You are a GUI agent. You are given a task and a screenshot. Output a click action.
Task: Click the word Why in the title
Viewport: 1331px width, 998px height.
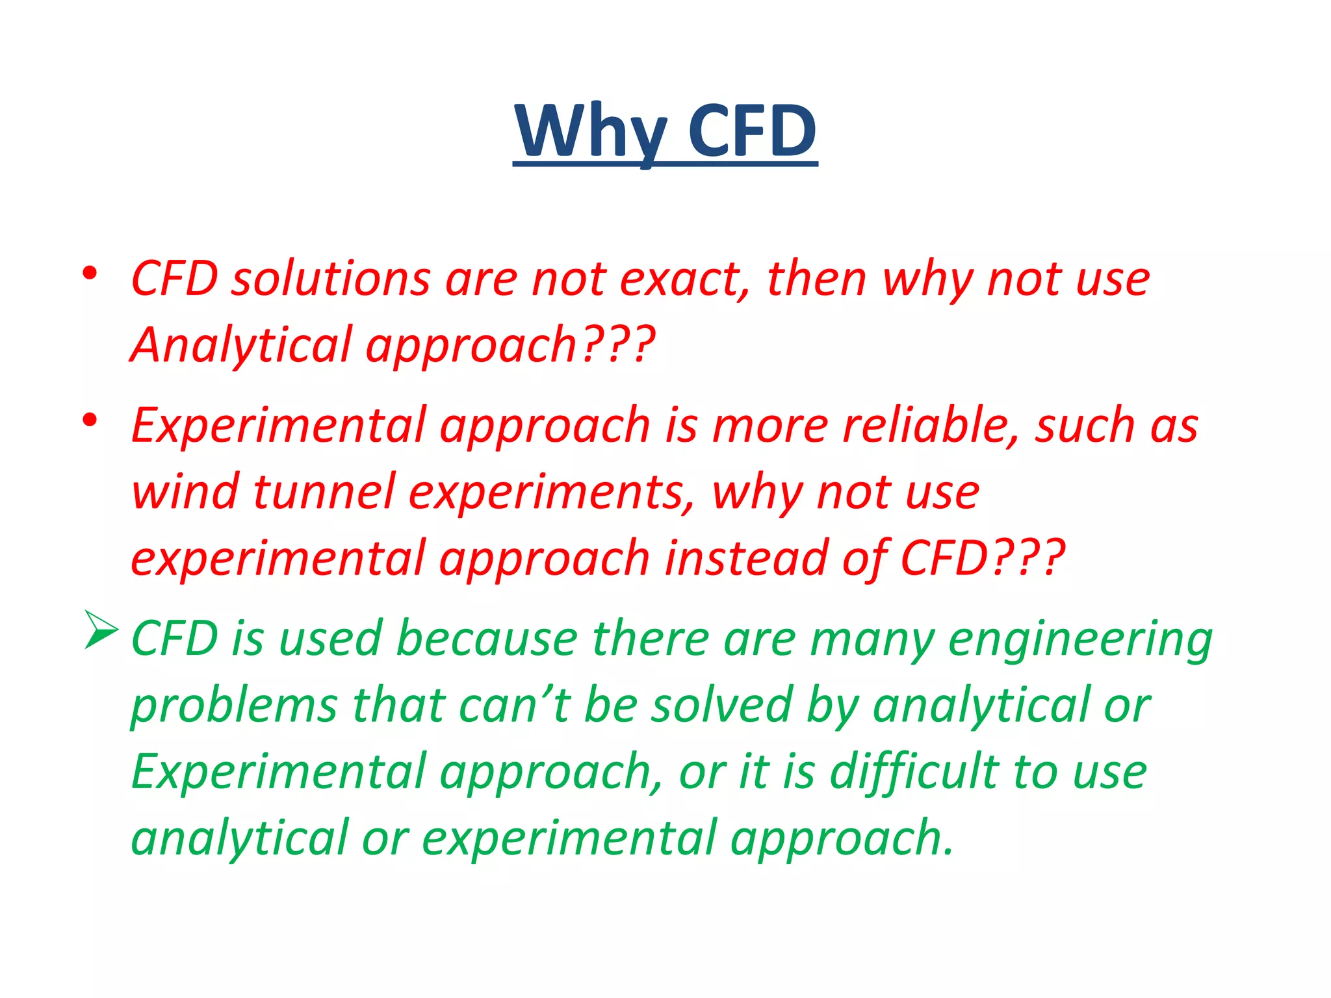[590, 131]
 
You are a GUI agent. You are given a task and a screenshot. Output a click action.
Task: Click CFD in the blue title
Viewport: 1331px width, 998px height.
[752, 131]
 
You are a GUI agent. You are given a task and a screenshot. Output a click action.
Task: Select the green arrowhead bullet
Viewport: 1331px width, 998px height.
[101, 630]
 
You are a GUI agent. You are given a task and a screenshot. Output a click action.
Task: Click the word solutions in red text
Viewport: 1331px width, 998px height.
[331, 279]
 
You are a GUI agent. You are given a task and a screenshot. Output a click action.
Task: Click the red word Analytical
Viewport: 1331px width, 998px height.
[240, 346]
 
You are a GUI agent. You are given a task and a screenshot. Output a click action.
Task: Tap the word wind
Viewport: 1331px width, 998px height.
[185, 492]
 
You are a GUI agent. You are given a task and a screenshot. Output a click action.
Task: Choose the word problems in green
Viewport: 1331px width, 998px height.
[234, 707]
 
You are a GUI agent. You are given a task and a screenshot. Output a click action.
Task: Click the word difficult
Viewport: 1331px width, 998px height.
[914, 773]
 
